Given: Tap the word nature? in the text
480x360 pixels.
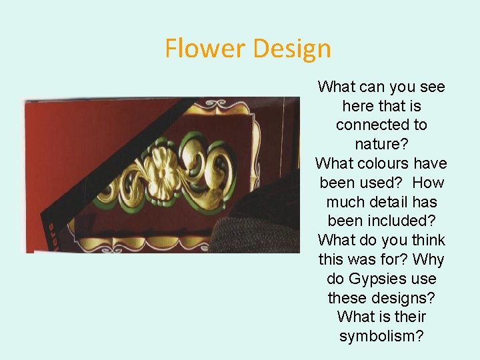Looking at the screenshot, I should (x=381, y=144).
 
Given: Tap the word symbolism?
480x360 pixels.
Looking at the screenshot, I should (x=381, y=336).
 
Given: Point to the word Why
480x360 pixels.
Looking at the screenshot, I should (x=429, y=259).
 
